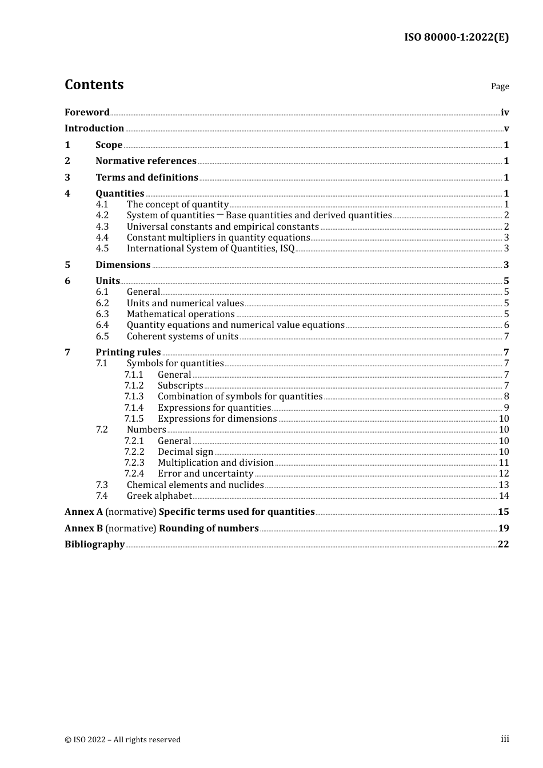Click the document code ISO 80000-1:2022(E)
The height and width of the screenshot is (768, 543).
point(456,37)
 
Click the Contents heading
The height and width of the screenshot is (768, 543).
point(94,85)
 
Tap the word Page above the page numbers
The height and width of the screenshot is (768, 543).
point(500,86)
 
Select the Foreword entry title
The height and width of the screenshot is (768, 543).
point(87,112)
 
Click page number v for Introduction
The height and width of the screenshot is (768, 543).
point(506,129)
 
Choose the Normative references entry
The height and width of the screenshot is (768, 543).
point(146,161)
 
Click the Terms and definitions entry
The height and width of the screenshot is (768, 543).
point(147,178)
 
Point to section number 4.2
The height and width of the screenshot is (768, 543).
point(102,215)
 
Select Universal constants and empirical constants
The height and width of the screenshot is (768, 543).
point(222,227)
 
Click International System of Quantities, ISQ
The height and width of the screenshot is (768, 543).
point(210,249)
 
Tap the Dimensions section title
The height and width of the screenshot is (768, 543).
point(123,265)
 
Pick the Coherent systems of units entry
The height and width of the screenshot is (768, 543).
point(182,337)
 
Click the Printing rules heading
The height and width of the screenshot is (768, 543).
point(128,353)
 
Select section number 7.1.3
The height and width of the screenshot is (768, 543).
point(134,397)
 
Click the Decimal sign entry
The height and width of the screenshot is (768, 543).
point(185,452)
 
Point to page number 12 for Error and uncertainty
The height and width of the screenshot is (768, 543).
point(504,474)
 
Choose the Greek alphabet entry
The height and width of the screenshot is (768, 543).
point(159,496)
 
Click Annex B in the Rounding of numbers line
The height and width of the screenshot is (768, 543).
point(83,529)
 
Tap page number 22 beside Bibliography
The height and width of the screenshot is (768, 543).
point(503,545)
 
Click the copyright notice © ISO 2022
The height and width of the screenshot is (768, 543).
point(122,739)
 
